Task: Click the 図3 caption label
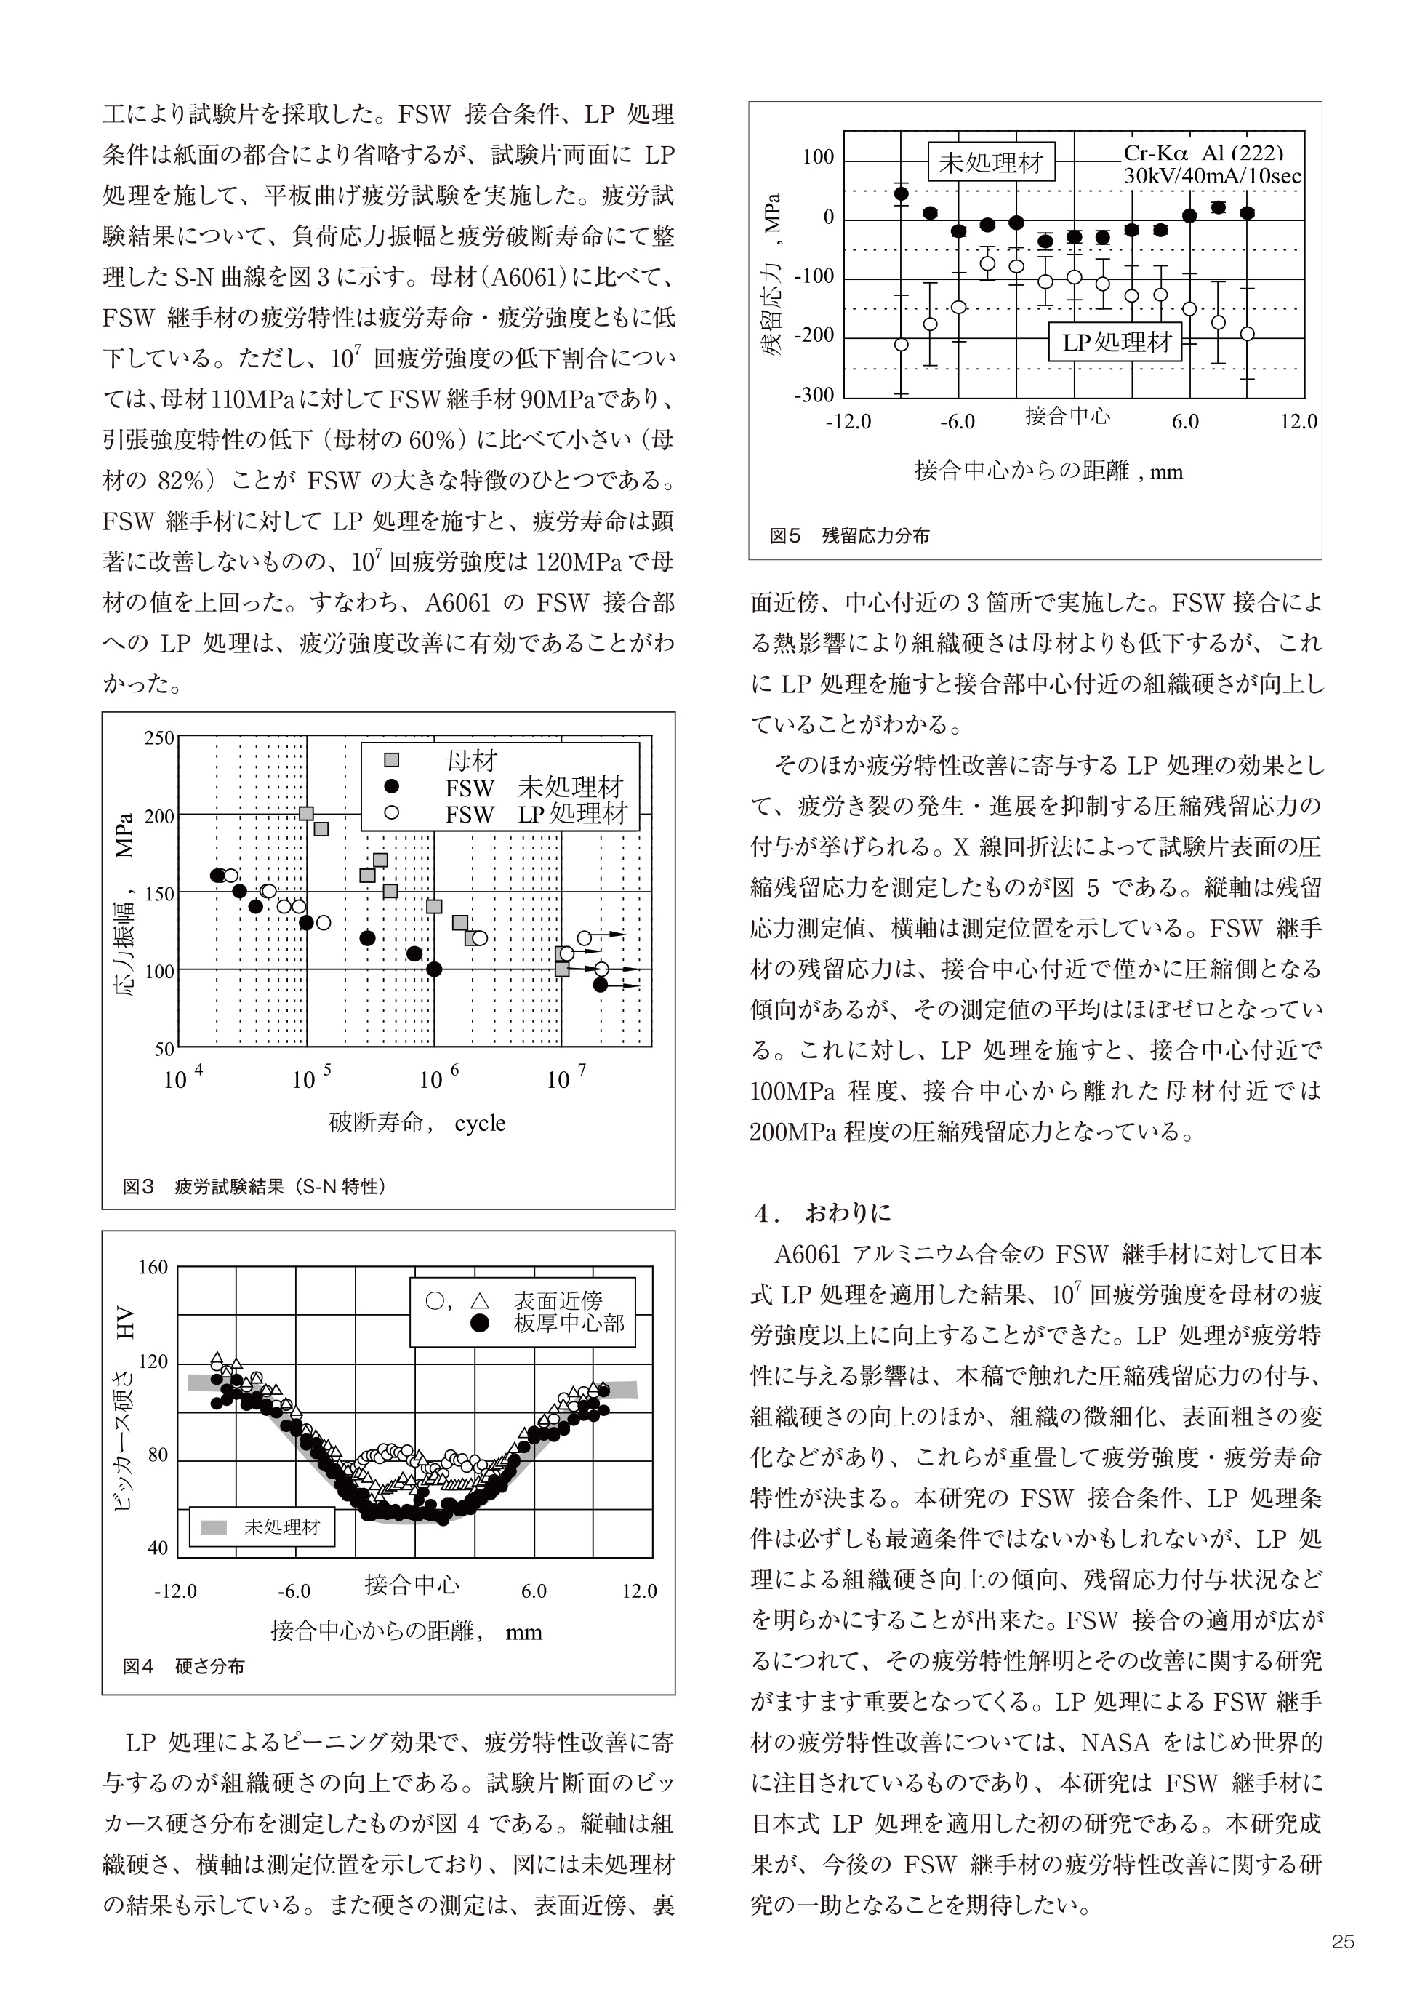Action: point(138,1187)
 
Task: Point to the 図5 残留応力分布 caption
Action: point(849,535)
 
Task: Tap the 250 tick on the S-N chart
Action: point(160,738)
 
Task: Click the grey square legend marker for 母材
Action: point(392,759)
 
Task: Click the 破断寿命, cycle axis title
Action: point(417,1123)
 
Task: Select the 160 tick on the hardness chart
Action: point(153,1268)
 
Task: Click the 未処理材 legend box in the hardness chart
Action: point(262,1527)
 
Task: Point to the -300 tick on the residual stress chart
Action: point(814,395)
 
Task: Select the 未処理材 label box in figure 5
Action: point(991,161)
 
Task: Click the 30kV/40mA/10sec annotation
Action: point(1213,175)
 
